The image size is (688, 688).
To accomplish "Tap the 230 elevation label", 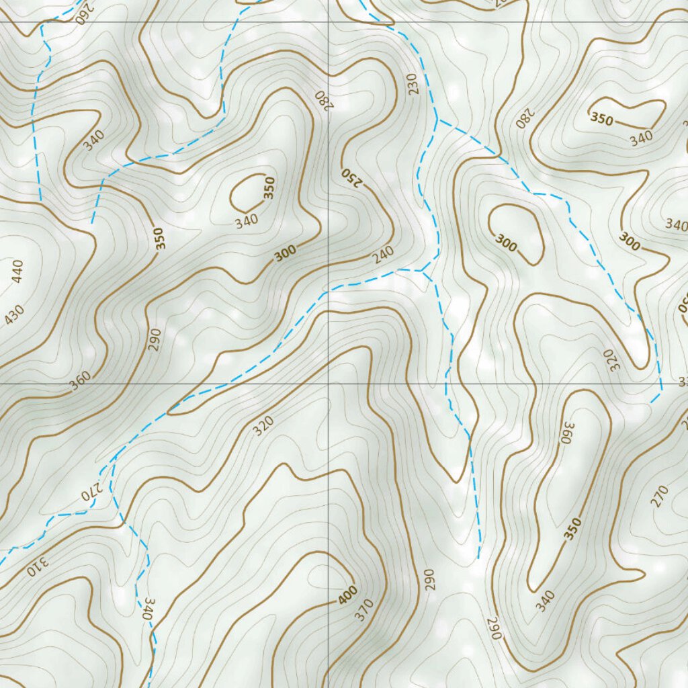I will click(x=412, y=83).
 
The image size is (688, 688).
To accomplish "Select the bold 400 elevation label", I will click(x=347, y=595).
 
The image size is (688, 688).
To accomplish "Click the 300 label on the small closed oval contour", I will click(x=506, y=242).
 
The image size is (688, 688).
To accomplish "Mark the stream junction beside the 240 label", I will click(x=422, y=271).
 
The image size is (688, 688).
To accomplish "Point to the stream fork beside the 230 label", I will click(x=438, y=121).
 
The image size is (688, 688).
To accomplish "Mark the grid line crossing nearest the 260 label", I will click(x=329, y=21).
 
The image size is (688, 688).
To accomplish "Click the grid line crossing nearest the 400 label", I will click(x=329, y=384).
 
